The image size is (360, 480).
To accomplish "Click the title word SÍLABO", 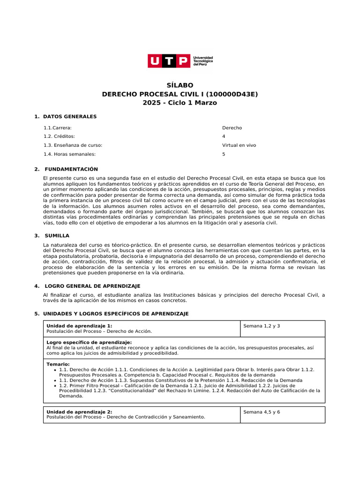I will (180, 85).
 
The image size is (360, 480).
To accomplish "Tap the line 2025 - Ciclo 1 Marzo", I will (180, 103).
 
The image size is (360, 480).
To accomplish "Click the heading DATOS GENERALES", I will (70, 116).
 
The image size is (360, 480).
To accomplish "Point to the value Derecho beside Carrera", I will (232, 127).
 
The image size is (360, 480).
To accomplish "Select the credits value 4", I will (224, 136).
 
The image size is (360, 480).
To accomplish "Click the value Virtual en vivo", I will (239, 145).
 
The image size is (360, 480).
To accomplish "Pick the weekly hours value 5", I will (224, 154).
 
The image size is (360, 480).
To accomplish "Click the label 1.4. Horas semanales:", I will (69, 154).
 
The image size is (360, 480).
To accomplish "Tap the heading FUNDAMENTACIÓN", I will (71, 169).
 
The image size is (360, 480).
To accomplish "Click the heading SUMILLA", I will (57, 236).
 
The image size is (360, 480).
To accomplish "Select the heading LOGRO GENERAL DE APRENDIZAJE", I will (92, 286).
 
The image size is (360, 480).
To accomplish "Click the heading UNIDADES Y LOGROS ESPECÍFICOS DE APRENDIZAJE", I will (116, 314).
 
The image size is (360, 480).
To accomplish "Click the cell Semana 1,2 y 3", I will (262, 326).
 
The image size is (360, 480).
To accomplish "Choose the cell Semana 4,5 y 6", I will (262, 412).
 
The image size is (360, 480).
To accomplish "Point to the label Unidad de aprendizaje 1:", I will (79, 326).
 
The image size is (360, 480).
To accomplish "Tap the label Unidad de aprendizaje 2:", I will (79, 412).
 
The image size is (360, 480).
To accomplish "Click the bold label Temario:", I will (58, 364).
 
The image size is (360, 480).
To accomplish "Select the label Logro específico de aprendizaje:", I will (89, 343).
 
